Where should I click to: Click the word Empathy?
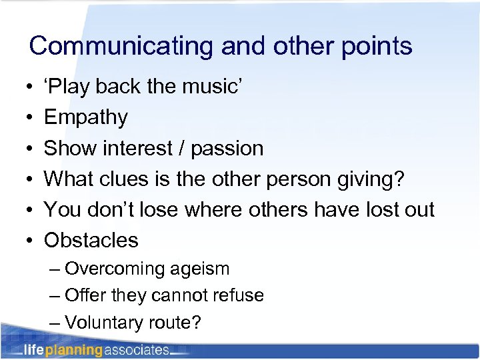[86, 117]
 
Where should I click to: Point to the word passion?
[227, 148]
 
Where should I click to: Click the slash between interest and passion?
[182, 148]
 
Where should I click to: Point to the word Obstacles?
[91, 240]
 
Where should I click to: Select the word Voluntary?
[106, 323]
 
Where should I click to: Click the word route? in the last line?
[176, 323]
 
